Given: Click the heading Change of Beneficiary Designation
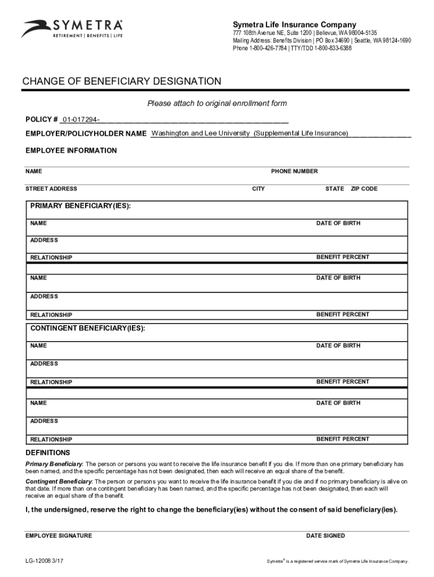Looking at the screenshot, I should (122, 82).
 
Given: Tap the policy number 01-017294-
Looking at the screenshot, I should (82, 119).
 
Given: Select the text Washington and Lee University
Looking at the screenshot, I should (201, 133).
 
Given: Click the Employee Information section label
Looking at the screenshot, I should (72, 150).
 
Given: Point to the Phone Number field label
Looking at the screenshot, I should (294, 171).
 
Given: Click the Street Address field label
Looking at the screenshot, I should (51, 189).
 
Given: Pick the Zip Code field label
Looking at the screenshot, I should (364, 189).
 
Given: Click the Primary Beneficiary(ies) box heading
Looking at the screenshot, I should (81, 206).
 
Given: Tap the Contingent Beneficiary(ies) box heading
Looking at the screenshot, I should (87, 328).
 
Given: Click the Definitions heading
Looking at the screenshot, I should (48, 452).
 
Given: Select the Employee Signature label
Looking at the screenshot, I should (59, 536).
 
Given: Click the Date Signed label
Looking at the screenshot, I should (325, 536).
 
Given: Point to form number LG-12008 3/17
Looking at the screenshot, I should (47, 561).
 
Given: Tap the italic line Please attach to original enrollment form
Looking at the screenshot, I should (217, 104).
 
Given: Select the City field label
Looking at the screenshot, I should (258, 189).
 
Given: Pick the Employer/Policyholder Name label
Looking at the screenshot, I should (86, 134).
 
